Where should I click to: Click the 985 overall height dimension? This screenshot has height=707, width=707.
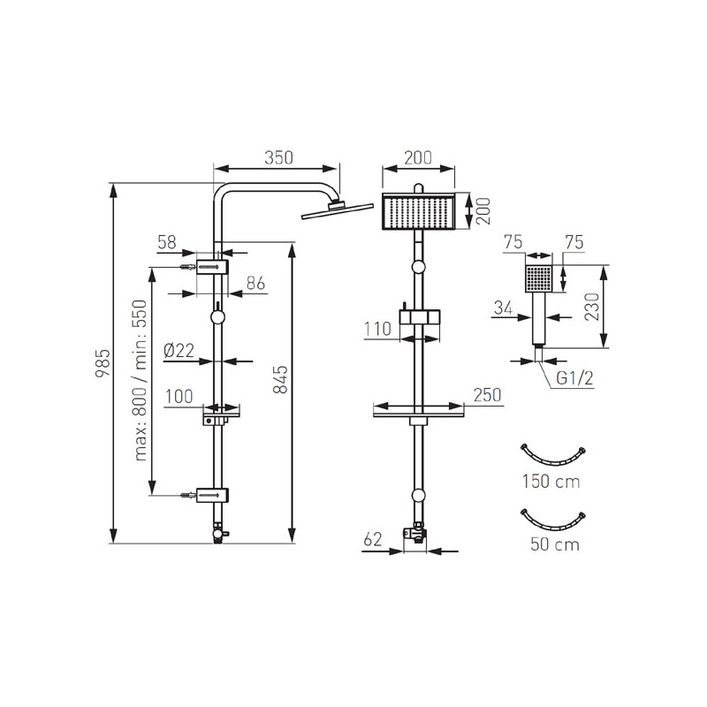pyautogui.click(x=103, y=363)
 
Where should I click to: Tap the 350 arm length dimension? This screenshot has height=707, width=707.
pyautogui.click(x=278, y=158)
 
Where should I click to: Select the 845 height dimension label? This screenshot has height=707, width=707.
pyautogui.click(x=280, y=379)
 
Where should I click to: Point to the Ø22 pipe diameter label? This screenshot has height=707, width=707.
pyautogui.click(x=179, y=350)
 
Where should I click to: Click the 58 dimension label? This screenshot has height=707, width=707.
pyautogui.click(x=167, y=242)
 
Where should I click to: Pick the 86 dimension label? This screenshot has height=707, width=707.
pyautogui.click(x=255, y=283)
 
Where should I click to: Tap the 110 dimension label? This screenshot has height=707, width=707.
pyautogui.click(x=378, y=329)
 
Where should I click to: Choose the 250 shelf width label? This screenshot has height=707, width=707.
pyautogui.click(x=488, y=395)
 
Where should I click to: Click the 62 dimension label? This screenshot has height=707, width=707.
pyautogui.click(x=372, y=539)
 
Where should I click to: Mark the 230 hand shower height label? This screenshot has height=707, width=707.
pyautogui.click(x=592, y=307)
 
